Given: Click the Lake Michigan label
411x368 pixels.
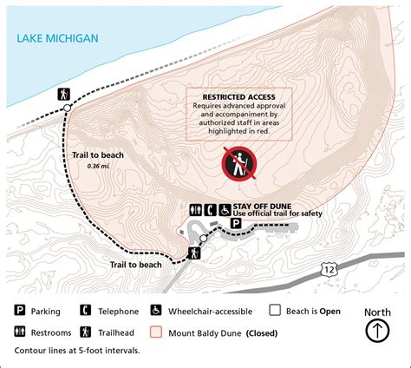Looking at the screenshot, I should tap(57, 38).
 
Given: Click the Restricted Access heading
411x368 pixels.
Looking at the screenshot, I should tap(239, 97).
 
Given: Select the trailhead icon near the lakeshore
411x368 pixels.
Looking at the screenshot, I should tap(63, 93).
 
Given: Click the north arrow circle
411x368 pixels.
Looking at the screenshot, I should tap(377, 331).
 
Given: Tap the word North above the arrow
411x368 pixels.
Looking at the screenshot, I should tap(377, 312).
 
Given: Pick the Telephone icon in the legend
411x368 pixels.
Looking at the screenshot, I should tap(85, 311).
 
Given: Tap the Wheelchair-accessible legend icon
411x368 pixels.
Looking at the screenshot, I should tap(156, 311).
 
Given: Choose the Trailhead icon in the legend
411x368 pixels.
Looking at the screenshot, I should tap(85, 331).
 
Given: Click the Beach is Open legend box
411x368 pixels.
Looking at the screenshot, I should tap(275, 311).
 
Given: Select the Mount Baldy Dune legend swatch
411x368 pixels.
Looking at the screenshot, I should tap(156, 332).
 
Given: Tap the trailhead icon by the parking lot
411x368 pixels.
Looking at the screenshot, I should tap(195, 253).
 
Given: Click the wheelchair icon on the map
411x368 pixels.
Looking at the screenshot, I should tap(224, 209).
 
